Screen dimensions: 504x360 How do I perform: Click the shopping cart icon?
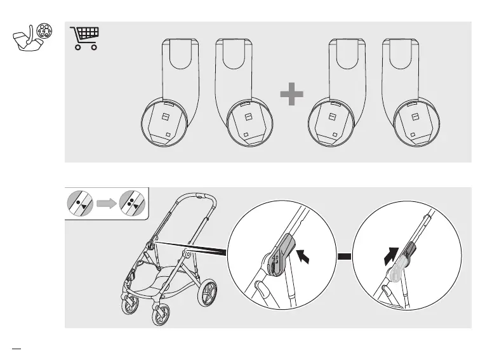pos(86,38)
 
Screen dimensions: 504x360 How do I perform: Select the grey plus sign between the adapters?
pos(291,96)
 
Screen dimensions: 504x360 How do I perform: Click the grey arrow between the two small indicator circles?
pos(107,204)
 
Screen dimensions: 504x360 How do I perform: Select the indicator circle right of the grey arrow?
pos(131,204)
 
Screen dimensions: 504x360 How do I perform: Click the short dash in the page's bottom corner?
pos(17,347)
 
